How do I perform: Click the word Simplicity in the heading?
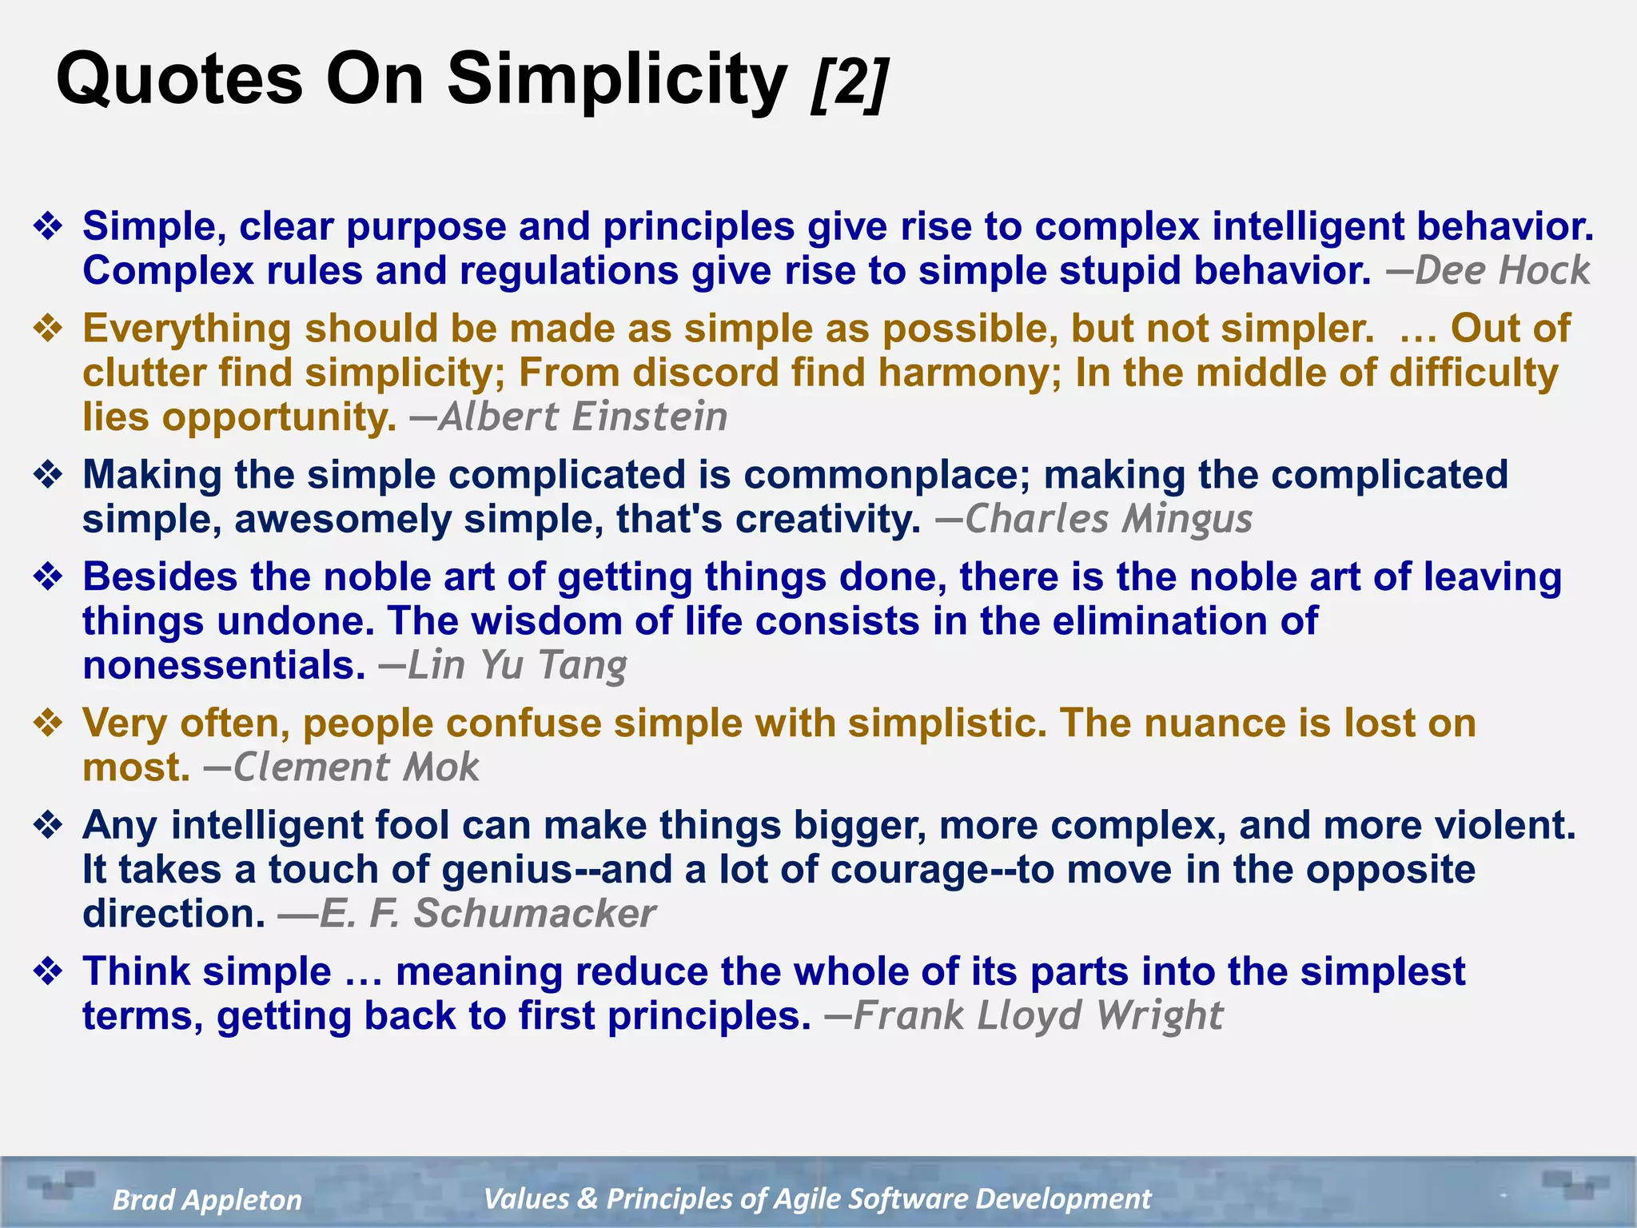click(617, 80)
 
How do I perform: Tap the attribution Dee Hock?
click(1502, 270)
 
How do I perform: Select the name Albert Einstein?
click(583, 417)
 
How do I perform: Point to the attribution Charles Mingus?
click(1108, 519)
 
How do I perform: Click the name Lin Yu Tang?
click(517, 665)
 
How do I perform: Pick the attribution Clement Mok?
click(356, 767)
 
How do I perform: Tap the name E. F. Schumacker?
click(487, 914)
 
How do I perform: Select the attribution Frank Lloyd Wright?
click(1038, 1016)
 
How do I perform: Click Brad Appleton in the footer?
click(207, 1200)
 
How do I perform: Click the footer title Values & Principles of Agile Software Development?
click(817, 1198)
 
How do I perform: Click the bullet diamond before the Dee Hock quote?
click(48, 227)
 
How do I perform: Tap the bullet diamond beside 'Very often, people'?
click(48, 724)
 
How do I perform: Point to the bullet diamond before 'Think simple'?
click(48, 972)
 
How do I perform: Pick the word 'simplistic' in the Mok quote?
click(947, 724)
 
